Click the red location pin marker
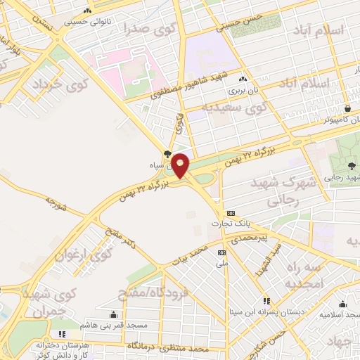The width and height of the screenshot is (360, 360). click(180, 165)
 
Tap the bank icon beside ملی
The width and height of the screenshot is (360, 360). click(222, 252)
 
